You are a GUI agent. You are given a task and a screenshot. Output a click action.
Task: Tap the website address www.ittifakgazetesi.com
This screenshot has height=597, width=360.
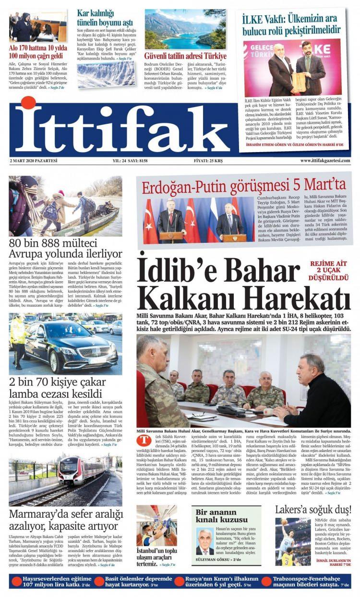tap(325, 160)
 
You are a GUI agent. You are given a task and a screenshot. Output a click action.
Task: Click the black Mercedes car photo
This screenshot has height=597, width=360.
tap(65, 344)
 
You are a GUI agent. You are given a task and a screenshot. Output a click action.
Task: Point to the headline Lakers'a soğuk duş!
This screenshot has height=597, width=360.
tap(312, 510)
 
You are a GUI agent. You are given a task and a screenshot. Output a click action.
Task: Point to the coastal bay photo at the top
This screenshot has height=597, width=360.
tap(185, 29)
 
